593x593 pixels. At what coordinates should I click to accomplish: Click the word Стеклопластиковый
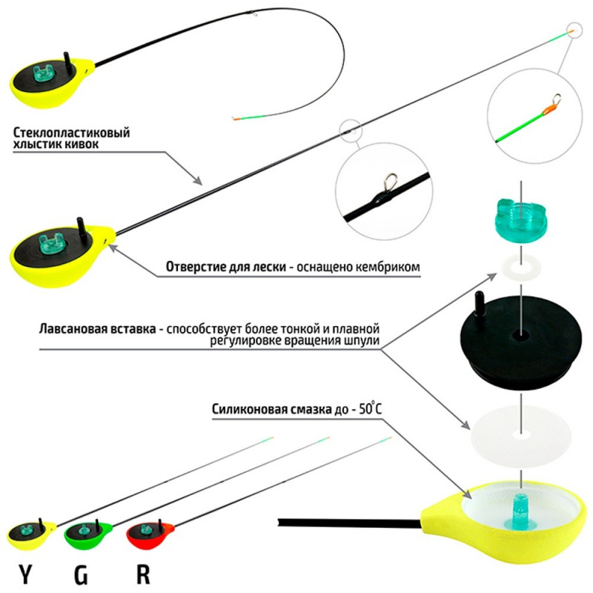point(71,133)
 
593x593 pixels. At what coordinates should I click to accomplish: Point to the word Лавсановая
point(97,328)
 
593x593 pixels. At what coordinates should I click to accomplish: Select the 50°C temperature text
point(371,408)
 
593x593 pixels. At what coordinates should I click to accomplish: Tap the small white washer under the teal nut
point(521,266)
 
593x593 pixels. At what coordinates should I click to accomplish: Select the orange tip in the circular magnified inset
point(549,110)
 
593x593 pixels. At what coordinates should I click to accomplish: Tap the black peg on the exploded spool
point(479,305)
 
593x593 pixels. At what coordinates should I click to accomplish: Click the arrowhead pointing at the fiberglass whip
point(197,180)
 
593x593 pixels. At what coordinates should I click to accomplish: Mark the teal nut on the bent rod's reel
point(44,73)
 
